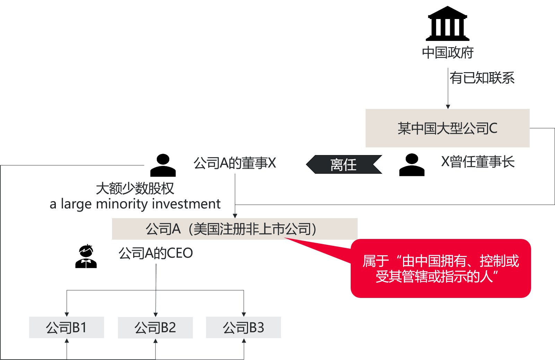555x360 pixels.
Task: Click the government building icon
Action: [x=447, y=23]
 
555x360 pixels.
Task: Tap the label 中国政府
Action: [x=448, y=52]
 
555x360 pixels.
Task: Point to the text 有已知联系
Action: [x=482, y=78]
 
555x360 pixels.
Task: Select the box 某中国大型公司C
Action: [x=447, y=128]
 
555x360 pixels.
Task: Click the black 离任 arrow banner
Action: [x=344, y=164]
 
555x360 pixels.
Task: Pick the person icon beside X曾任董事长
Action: [x=412, y=165]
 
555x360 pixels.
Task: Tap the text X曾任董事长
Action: [x=478, y=162]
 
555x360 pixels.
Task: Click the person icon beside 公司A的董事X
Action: [x=163, y=165]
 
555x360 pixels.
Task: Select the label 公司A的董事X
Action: [x=234, y=163]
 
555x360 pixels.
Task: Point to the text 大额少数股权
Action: [x=135, y=188]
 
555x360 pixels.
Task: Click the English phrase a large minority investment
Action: [x=135, y=204]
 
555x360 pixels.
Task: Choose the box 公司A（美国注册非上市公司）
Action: [x=234, y=229]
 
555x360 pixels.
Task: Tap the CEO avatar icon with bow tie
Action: [x=86, y=256]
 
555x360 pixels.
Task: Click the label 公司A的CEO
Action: [x=156, y=253]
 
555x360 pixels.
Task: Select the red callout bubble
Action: [x=441, y=268]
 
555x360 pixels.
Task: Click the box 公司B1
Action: [x=66, y=327]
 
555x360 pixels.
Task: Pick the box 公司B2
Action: [x=155, y=327]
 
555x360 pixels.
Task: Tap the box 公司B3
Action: [x=244, y=327]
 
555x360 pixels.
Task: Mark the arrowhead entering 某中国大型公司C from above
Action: [x=448, y=107]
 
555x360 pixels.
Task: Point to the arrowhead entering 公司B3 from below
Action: [x=244, y=341]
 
